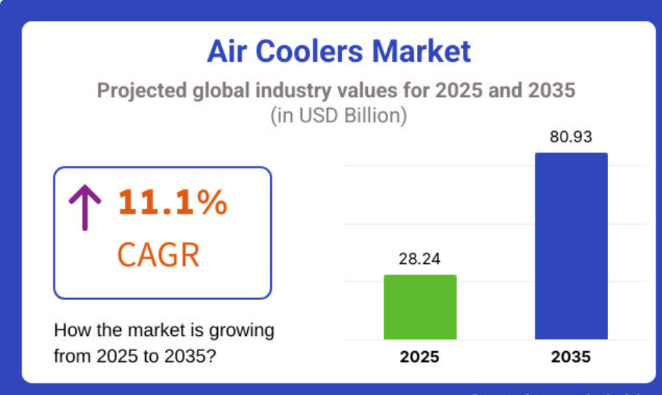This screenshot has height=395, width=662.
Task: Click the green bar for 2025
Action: [420, 307]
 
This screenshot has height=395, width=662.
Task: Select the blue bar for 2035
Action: [571, 245]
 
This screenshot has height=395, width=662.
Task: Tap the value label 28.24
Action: [420, 260]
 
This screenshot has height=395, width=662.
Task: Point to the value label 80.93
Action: [571, 137]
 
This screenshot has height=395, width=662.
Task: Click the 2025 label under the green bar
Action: [420, 357]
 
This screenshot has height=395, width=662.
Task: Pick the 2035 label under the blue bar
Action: [571, 357]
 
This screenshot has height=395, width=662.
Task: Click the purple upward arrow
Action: [85, 206]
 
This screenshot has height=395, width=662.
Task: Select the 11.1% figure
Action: [173, 204]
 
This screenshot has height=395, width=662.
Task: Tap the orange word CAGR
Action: [157, 255]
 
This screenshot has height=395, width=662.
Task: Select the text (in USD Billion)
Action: [339, 116]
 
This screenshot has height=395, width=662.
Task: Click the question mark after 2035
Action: [211, 356]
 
